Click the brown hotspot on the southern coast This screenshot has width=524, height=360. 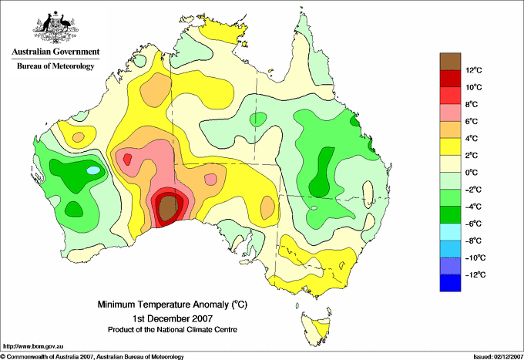pyautogui.click(x=168, y=207)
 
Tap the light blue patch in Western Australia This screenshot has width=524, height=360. pyautogui.click(x=93, y=170)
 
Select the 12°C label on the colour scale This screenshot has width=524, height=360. pyautogui.click(x=474, y=70)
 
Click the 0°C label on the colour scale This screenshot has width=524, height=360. pyautogui.click(x=472, y=173)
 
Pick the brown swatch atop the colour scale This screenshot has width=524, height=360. pyautogui.click(x=450, y=62)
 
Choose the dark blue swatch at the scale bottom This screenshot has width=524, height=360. pyautogui.click(x=450, y=283)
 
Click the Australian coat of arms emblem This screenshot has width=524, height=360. pyautogui.click(x=55, y=27)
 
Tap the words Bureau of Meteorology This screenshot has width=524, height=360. pyautogui.click(x=55, y=66)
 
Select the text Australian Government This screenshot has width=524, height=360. pyautogui.click(x=55, y=52)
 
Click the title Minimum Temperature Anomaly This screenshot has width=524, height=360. pyautogui.click(x=173, y=304)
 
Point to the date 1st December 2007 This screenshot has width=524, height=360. pyautogui.click(x=173, y=318)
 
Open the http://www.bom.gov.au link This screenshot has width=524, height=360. pyautogui.click(x=33, y=347)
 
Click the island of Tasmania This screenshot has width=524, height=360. pyautogui.click(x=317, y=327)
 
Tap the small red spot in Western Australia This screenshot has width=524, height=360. pyautogui.click(x=127, y=159)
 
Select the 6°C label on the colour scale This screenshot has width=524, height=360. pyautogui.click(x=472, y=122)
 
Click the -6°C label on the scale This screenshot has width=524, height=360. pyautogui.click(x=474, y=224)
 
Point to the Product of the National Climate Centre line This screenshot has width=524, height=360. pyautogui.click(x=173, y=330)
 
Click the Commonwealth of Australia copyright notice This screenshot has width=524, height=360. pyautogui.click(x=92, y=357)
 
